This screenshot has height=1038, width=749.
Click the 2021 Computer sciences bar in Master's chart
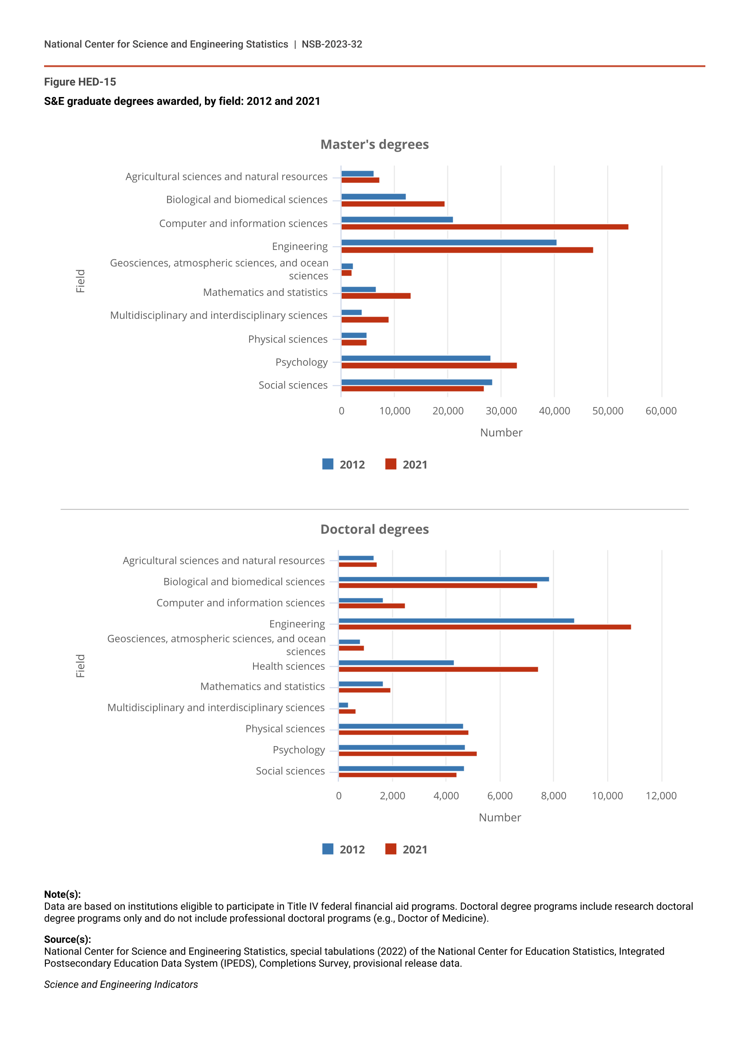[485, 227]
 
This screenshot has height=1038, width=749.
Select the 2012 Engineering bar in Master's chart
[449, 243]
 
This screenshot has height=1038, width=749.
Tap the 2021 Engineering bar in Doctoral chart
[484, 627]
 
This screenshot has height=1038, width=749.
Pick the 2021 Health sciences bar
[438, 669]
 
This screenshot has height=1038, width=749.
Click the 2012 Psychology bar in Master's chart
[415, 358]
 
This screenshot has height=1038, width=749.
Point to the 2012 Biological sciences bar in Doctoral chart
[444, 579]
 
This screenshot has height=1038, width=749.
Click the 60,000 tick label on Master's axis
[661, 411]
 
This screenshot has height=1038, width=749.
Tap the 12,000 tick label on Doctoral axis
[661, 796]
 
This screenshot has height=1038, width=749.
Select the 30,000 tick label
[501, 411]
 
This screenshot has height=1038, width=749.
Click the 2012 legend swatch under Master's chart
[328, 464]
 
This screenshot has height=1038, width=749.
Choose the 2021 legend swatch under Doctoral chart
[391, 849]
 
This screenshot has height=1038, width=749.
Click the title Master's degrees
[374, 145]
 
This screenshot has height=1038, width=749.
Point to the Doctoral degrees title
[374, 530]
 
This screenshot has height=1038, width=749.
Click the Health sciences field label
[288, 666]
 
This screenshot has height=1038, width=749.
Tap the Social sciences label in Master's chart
[293, 385]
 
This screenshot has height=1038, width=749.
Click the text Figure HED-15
[80, 82]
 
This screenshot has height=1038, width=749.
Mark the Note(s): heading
[62, 894]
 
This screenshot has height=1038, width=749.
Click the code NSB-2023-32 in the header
[332, 45]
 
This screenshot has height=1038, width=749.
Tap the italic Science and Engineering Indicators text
[121, 985]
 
